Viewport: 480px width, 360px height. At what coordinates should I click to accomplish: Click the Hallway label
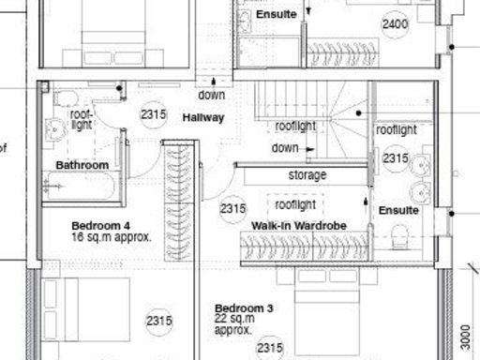pos(203,117)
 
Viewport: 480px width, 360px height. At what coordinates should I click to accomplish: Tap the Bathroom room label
pos(82,165)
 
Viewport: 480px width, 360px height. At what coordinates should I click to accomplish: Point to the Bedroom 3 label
pos(244,308)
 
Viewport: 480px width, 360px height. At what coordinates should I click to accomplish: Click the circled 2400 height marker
pos(395,23)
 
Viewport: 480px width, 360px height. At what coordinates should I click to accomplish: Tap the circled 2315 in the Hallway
pos(153,114)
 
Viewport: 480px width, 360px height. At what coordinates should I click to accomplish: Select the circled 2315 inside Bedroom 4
pos(159,322)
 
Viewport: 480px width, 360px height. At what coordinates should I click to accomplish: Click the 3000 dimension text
pos(465,336)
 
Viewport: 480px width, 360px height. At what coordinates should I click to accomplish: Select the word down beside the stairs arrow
pos(285,148)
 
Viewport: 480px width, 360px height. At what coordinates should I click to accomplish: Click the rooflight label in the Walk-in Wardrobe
pos(295,204)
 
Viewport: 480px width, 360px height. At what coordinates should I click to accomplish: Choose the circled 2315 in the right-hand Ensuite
pos(395,159)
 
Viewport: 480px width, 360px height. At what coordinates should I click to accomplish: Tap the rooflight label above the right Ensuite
pos(397,130)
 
